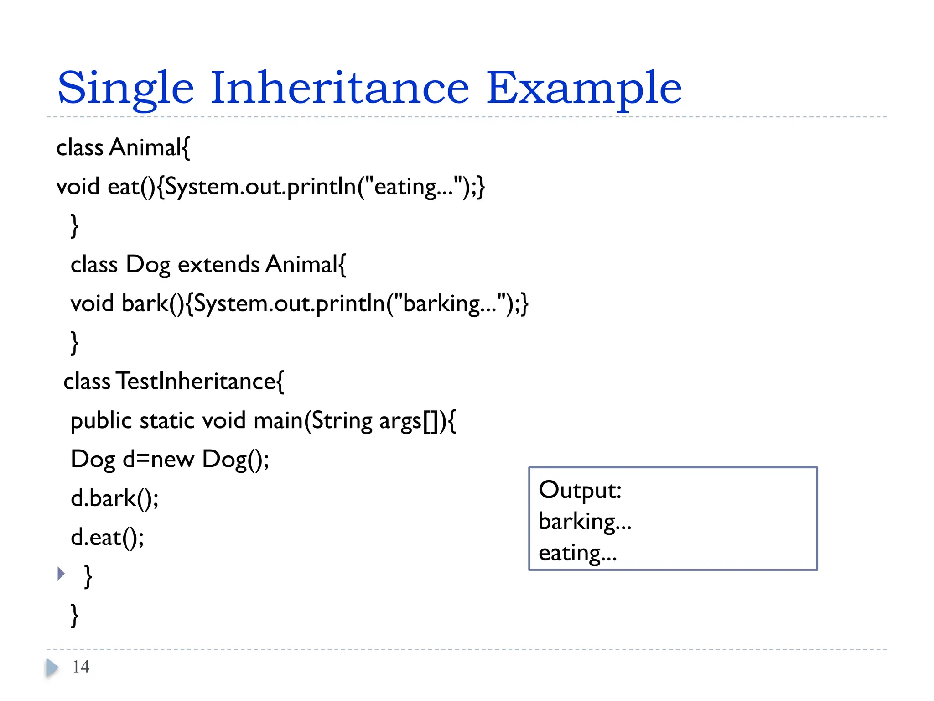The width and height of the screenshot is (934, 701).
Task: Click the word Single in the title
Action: click(125, 89)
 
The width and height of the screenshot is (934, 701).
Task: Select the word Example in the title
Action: click(584, 89)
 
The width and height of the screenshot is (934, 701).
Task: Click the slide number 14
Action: click(81, 667)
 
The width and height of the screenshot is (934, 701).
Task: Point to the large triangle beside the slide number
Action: click(52, 668)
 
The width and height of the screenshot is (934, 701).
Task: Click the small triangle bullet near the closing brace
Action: click(61, 574)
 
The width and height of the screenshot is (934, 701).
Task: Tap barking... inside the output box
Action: click(585, 522)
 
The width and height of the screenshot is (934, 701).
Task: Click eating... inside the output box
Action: click(577, 553)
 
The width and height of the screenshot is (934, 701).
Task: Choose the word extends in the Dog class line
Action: click(218, 265)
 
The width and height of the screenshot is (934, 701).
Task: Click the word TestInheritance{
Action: click(200, 382)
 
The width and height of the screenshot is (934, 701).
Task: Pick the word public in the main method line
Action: click(101, 421)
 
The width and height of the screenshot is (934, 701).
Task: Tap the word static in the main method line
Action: click(167, 421)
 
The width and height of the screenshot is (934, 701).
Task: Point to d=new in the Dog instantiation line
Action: click(159, 459)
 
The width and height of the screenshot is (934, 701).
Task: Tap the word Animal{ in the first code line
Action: click(150, 148)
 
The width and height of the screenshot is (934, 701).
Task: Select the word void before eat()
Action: click(78, 187)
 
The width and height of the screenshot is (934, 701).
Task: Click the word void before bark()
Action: click(92, 303)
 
